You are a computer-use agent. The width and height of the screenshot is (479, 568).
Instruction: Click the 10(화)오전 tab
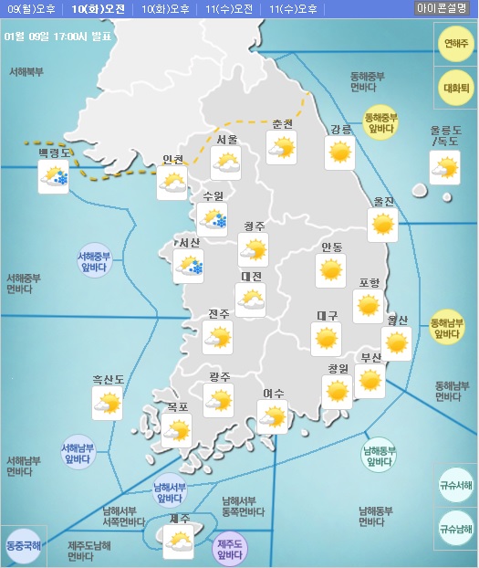98,9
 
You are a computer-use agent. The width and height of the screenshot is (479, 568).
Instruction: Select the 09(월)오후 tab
32,9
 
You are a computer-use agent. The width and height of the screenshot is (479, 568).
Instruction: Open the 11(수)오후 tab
294,9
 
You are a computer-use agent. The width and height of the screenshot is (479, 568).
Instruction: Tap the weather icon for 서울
224,163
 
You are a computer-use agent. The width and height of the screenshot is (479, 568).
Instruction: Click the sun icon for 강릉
340,152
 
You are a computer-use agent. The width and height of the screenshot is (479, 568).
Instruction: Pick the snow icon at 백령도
53,177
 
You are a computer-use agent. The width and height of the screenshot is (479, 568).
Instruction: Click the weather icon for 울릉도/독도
444,168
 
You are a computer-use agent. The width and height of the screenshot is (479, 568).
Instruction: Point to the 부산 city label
371,358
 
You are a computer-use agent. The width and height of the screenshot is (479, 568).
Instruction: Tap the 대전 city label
251,277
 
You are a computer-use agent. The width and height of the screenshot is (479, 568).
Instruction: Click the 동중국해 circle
22,545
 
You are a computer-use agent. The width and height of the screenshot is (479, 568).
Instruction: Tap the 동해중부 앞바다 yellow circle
381,122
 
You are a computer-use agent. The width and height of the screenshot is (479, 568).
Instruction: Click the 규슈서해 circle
455,486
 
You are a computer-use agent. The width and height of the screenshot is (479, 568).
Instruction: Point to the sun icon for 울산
396,343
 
